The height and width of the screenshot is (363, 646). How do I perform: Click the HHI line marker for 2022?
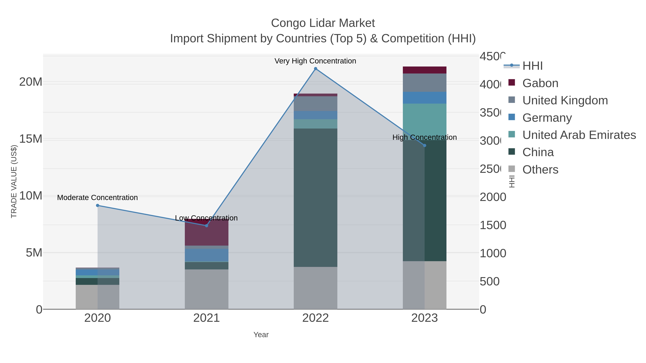315,69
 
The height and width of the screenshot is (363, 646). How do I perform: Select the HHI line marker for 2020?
98,205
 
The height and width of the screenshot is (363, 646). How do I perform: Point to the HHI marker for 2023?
425,146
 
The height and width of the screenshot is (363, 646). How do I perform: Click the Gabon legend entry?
540,83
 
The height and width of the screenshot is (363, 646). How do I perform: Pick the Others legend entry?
540,170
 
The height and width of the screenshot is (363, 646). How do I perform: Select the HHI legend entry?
532,66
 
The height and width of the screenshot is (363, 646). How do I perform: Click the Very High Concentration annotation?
315,61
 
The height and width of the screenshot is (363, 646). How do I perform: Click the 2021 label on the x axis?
206,318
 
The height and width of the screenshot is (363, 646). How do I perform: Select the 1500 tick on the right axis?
493,225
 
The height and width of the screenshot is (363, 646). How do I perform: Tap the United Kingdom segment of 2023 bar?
425,83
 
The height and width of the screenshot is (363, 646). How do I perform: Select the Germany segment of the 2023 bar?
425,98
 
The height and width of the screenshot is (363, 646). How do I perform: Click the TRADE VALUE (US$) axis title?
14,181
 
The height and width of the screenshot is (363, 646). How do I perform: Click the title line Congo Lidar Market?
323,23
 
